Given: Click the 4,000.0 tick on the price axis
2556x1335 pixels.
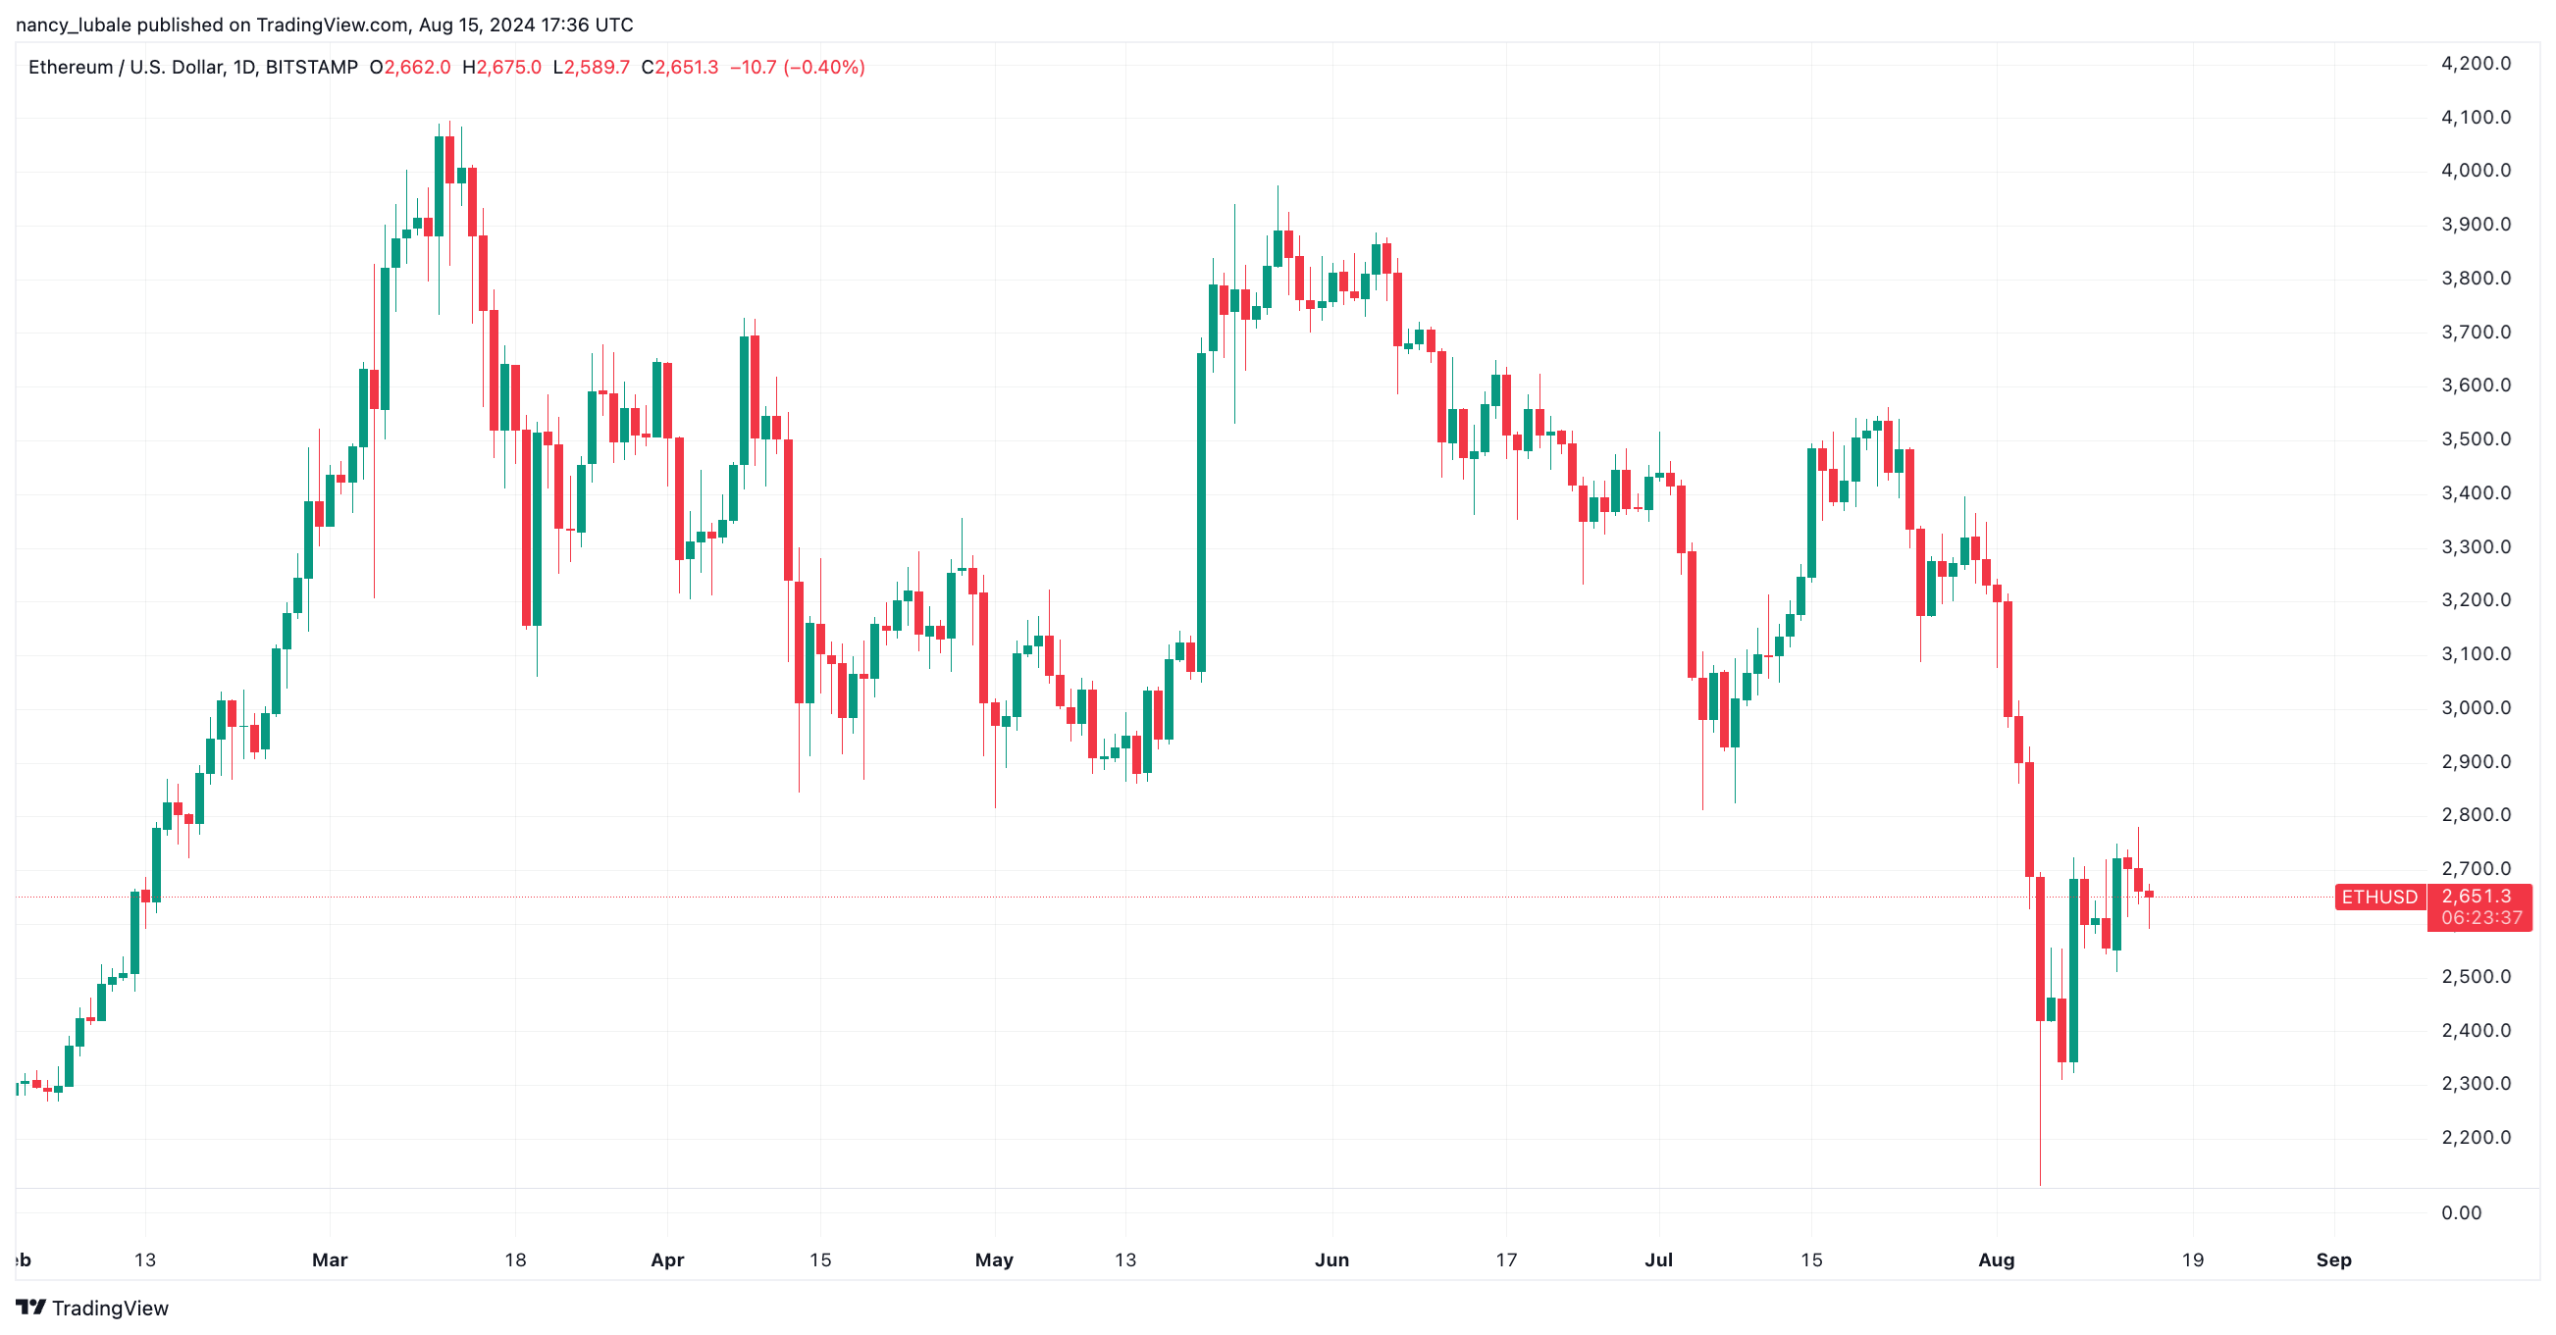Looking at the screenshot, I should coord(2475,171).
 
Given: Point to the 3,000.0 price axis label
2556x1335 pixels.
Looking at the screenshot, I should coord(2475,708).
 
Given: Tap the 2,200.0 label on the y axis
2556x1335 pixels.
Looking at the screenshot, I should coord(2475,1138).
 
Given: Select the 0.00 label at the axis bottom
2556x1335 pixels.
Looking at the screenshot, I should coord(2461,1213).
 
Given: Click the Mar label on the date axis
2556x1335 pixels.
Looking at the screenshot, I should coord(330,1260).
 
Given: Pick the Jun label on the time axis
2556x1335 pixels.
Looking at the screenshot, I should coord(1331,1260).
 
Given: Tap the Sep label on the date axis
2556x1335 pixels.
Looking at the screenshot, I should coord(2333,1260).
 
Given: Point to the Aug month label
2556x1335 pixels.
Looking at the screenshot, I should coord(1997,1260).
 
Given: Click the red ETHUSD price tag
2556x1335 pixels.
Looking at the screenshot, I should coord(2379,898).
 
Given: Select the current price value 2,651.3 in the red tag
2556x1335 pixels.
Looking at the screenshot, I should coord(2477,897).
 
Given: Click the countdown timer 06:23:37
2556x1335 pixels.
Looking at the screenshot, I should coord(2480,918).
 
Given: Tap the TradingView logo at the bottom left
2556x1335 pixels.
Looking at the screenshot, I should coord(92,1309).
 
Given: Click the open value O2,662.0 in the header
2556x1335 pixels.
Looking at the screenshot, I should coord(410,68).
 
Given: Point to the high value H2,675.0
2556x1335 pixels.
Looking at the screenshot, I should coord(502,68).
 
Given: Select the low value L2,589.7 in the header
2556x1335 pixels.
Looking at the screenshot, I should coord(592,68).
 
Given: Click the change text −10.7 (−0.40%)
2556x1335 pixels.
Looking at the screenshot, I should coord(798,68).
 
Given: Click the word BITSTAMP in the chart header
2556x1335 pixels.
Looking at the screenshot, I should coord(312,68).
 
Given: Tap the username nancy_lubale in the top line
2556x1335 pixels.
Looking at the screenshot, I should coord(74,25).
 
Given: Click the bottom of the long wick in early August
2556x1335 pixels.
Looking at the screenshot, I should coord(2040,1182).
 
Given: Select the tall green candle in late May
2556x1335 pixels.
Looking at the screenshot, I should coord(1202,511).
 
